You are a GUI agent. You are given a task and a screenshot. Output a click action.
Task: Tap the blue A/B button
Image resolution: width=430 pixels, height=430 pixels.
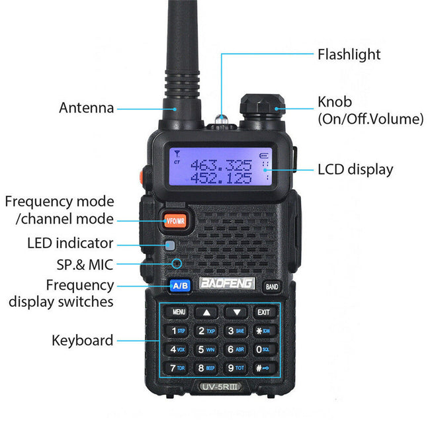[x=180, y=286]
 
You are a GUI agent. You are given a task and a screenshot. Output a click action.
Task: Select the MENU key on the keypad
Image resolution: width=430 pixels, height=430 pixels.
[x=179, y=312]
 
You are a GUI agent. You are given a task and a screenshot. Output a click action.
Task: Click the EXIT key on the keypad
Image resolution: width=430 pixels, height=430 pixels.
[x=263, y=312]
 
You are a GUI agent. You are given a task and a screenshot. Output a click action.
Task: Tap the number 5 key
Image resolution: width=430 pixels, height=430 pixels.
[x=205, y=349]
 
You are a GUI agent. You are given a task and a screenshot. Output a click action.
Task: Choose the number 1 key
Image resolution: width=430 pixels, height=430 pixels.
[x=177, y=330]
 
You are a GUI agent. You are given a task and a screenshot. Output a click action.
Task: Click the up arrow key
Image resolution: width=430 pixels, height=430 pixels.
[x=208, y=312]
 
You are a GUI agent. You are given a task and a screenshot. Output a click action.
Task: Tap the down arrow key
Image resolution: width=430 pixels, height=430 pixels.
[x=236, y=312]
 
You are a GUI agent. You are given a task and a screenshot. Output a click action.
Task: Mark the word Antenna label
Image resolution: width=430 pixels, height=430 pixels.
[x=86, y=108]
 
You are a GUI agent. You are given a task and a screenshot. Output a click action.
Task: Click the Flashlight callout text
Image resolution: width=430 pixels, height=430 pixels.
[x=349, y=54]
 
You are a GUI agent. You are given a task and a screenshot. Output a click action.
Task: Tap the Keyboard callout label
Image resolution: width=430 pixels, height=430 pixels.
[x=82, y=341]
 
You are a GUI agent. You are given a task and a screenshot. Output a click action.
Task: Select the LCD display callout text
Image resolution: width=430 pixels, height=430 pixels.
[x=355, y=169]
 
